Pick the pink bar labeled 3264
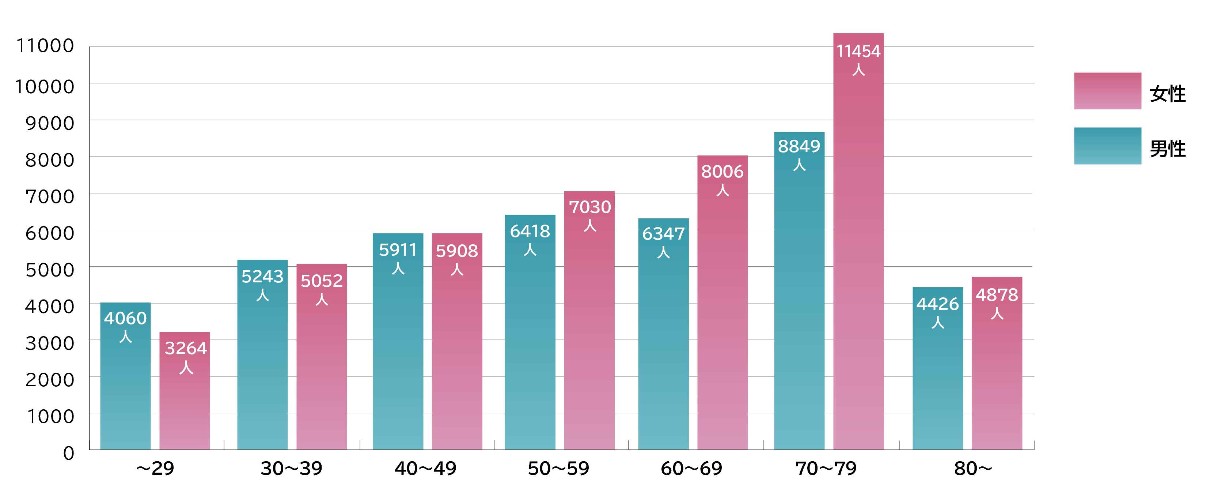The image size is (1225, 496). click(x=185, y=409)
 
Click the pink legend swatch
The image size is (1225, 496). click(x=1108, y=91)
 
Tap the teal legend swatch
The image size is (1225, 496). click(x=1108, y=146)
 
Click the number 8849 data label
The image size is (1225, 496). click(x=799, y=147)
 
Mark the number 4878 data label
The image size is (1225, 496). click(x=997, y=295)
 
